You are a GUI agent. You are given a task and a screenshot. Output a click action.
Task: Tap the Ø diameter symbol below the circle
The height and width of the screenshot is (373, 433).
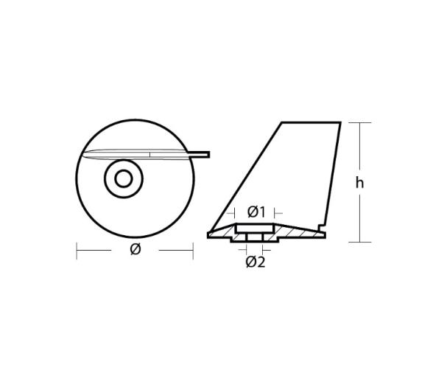click(135, 249)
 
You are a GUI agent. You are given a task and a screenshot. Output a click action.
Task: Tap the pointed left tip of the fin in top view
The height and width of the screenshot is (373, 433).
click(85, 153)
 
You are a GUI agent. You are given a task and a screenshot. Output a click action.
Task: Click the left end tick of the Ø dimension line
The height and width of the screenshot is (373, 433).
click(77, 250)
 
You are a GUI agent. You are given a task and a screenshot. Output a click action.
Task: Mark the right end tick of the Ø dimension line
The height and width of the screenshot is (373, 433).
click(192, 250)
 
